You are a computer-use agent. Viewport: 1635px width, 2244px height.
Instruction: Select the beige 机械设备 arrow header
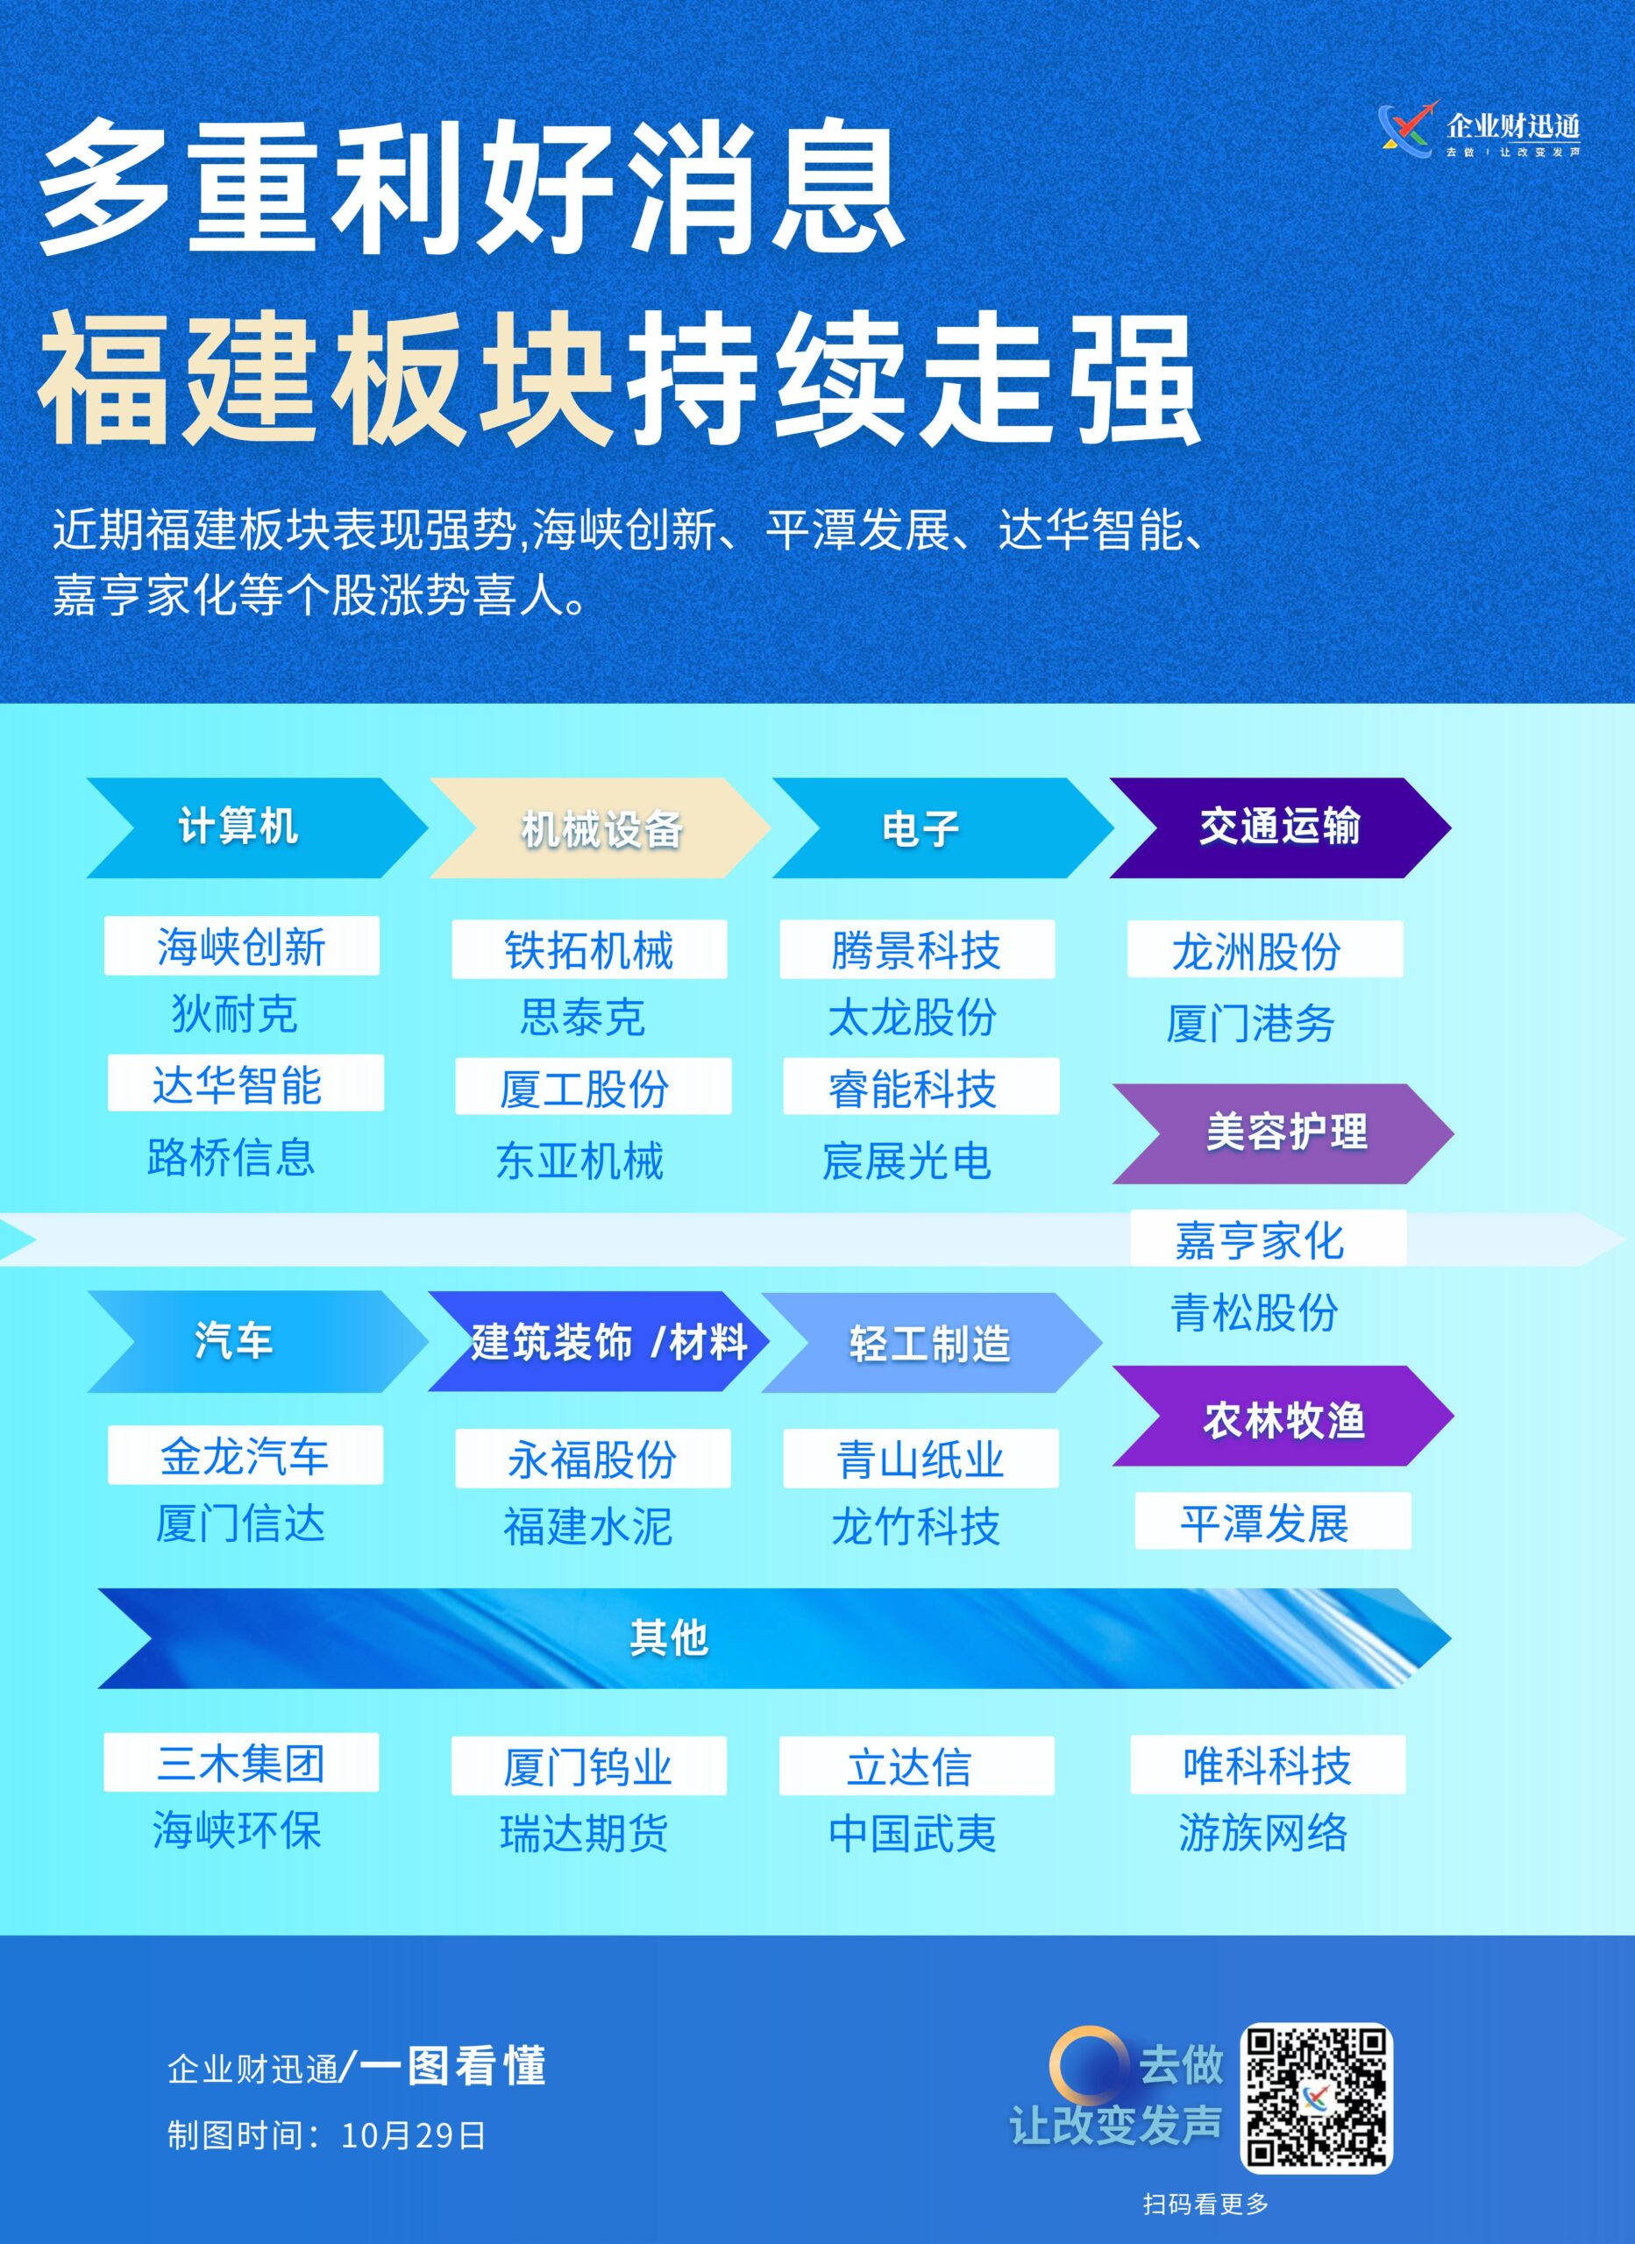[600, 827]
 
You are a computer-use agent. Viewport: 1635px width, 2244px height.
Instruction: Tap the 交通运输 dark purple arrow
[1281, 827]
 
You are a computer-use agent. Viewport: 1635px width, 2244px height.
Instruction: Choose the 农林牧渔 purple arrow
[1283, 1416]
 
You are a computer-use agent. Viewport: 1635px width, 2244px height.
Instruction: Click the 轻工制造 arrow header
[931, 1343]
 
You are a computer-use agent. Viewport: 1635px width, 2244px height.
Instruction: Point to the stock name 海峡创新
[241, 947]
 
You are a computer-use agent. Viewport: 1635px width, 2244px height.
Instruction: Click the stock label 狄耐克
[235, 1014]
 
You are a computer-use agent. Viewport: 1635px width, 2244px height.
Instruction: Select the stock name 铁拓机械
[589, 951]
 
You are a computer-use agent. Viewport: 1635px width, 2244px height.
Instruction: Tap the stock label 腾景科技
[916, 951]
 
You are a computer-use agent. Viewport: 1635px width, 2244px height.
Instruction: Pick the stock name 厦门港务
[1251, 1023]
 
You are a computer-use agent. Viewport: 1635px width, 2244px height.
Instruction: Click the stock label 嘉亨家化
[1260, 1240]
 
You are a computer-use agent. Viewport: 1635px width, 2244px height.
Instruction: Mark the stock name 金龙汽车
[245, 1455]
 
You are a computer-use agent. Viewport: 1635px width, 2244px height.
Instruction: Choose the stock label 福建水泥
[589, 1526]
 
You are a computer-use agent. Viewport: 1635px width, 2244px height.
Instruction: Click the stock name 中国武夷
[913, 1834]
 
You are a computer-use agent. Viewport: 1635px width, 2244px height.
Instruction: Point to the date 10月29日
[414, 2135]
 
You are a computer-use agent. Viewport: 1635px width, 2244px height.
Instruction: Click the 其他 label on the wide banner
[669, 1638]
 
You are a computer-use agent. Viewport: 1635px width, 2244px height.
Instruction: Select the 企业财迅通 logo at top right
[1480, 131]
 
